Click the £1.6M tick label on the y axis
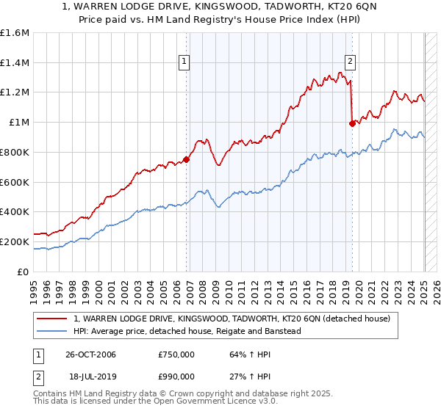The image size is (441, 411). coord(15,33)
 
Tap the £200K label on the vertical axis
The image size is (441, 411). coord(15,241)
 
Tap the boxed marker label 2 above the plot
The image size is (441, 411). coord(350,62)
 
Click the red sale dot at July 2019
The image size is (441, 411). coord(352,123)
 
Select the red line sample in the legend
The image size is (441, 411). coord(51,319)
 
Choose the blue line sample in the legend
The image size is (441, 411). coord(51,331)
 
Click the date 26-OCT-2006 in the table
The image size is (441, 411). coord(90,354)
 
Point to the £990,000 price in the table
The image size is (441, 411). coord(176,376)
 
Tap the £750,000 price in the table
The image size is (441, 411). coord(176,354)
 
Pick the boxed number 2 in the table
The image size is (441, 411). coord(37,376)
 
